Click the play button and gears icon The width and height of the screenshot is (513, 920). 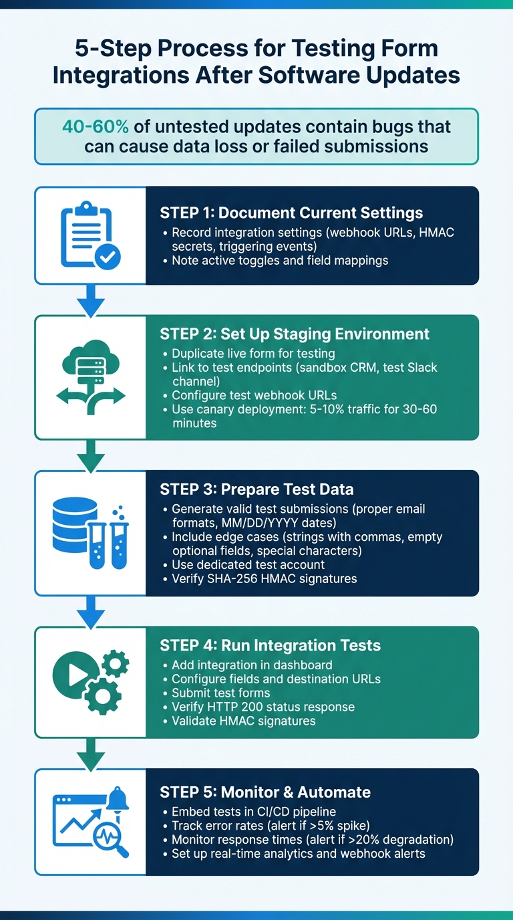click(90, 681)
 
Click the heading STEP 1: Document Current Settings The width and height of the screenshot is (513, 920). click(291, 213)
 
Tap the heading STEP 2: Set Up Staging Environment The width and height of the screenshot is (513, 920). click(295, 334)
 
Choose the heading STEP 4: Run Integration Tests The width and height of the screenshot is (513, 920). click(270, 645)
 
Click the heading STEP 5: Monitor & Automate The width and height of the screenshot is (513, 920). click(265, 792)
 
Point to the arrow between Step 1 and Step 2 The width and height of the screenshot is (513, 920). click(90, 300)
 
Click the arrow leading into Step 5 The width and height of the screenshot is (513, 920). click(90, 753)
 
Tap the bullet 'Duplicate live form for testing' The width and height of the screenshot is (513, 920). click(253, 353)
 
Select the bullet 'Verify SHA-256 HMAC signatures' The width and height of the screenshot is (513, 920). click(264, 578)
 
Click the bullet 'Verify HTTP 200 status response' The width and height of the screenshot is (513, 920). click(263, 707)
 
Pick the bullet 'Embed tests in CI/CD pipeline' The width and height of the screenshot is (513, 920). click(258, 812)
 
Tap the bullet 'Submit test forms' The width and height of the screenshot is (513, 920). click(220, 693)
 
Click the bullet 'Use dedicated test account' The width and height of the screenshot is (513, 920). click(248, 565)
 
